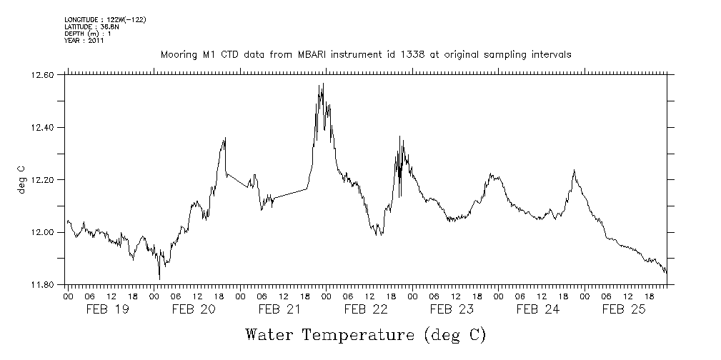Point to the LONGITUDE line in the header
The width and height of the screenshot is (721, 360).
(105, 20)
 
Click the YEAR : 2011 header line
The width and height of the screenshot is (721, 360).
(84, 41)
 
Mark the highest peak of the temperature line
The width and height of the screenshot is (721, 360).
(323, 84)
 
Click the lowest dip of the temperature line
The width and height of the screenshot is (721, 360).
(159, 279)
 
